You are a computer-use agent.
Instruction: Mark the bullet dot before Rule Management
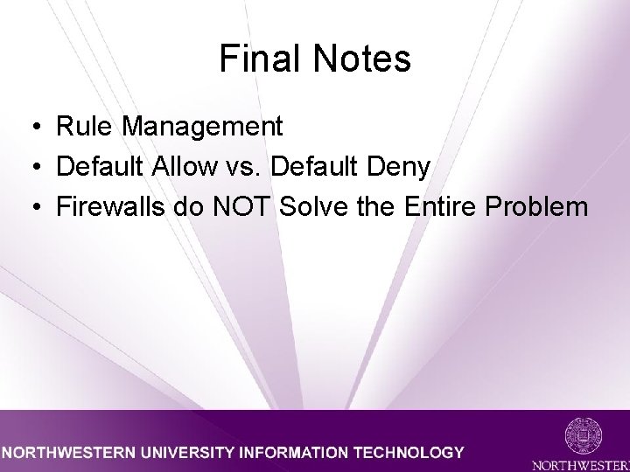click(31, 128)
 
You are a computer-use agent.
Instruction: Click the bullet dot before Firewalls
click(31, 207)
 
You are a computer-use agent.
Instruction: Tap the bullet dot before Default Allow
click(31, 167)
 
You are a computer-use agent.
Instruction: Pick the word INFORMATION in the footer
click(293, 453)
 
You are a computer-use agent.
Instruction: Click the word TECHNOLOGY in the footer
click(410, 453)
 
